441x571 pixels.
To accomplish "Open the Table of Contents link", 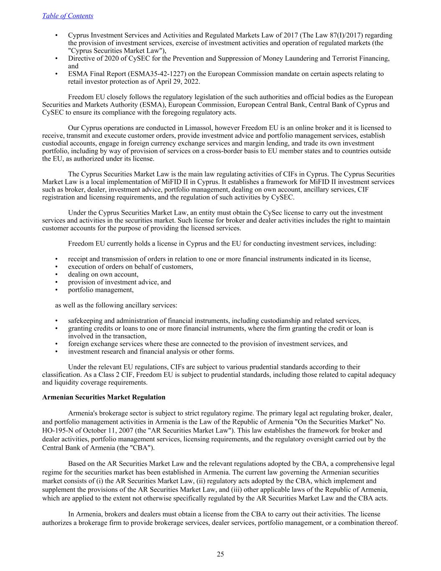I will point(68,16).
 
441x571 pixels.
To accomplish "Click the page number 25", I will point(220,554).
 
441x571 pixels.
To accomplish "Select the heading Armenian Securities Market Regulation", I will point(104,397).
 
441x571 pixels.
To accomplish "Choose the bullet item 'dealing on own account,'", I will point(103,274).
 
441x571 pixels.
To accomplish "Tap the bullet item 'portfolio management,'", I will point(101,290).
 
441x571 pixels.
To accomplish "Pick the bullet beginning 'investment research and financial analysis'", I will point(151,351).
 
